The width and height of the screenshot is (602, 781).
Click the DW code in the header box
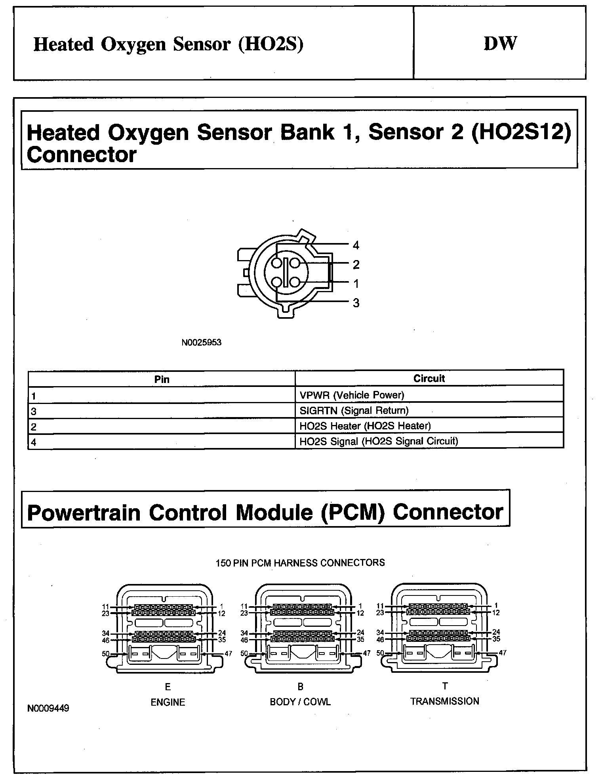500,44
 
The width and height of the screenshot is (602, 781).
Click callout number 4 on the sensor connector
356,245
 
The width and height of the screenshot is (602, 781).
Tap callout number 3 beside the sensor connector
356,303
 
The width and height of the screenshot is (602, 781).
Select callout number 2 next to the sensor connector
356,264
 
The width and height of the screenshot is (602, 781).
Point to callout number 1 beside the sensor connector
356,284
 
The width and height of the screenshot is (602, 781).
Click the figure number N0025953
201,343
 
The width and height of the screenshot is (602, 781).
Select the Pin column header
162,379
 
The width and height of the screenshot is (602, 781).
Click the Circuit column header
429,379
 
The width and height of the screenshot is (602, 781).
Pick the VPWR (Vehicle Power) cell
352,395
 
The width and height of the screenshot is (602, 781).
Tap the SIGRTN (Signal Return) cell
354,410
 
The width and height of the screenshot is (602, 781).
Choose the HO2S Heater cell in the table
365,426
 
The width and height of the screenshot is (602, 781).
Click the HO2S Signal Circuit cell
379,441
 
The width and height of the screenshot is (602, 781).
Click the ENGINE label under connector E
168,702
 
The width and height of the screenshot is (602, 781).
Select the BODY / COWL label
300,702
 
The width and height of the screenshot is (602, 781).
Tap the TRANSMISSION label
444,701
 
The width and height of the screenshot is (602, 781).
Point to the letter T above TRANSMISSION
445,686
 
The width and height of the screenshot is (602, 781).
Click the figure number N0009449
48,708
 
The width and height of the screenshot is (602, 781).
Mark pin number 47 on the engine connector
228,653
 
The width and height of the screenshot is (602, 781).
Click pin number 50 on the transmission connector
380,653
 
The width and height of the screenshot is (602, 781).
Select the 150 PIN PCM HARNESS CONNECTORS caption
300,563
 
